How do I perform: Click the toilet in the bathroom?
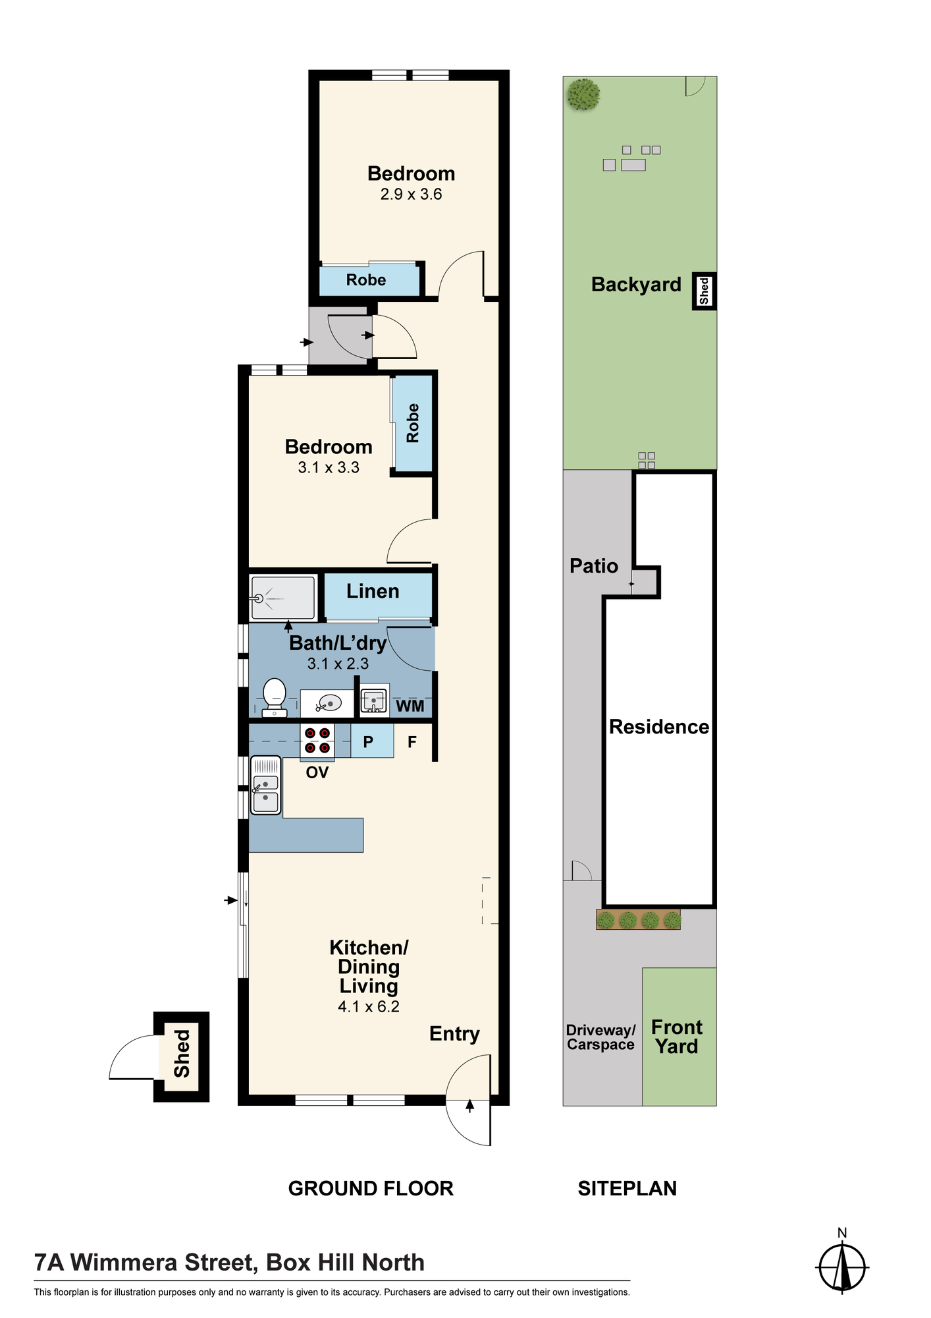[274, 698]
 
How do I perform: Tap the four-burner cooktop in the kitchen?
[317, 740]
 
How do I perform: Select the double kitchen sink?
[265, 785]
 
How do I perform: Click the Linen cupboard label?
[373, 591]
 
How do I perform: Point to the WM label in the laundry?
[410, 706]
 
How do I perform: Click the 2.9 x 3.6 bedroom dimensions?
[411, 194]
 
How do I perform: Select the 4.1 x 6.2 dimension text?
[369, 1006]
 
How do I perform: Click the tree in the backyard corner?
[583, 95]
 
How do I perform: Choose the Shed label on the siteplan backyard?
[704, 291]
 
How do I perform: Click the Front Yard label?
[677, 1037]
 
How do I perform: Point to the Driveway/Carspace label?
[600, 1037]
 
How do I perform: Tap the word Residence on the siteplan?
[659, 726]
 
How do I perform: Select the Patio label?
[594, 565]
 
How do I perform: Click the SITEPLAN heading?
[627, 1188]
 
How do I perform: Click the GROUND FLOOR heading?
[371, 1188]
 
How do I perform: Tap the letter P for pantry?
[368, 742]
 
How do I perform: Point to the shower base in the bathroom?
[283, 598]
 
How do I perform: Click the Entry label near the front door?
[454, 1034]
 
